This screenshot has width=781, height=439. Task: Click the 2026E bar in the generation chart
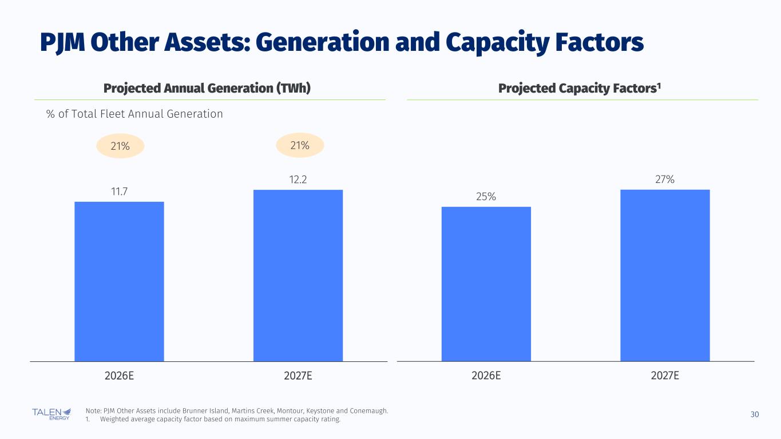[119, 281]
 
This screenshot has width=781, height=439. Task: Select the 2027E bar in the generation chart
[298, 276]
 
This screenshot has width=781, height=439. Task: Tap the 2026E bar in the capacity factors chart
[486, 284]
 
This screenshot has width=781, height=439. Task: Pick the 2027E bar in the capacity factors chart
[665, 276]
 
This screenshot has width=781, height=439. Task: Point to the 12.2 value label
[298, 179]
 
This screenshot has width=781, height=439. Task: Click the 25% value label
[486, 197]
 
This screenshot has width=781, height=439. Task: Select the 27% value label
[665, 179]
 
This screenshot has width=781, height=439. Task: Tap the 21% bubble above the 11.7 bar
[120, 146]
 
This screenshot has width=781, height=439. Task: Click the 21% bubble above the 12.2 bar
[300, 146]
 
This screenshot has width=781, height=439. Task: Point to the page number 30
[754, 414]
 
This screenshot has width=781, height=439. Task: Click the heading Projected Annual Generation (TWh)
[207, 89]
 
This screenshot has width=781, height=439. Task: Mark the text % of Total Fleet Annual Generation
[134, 114]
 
